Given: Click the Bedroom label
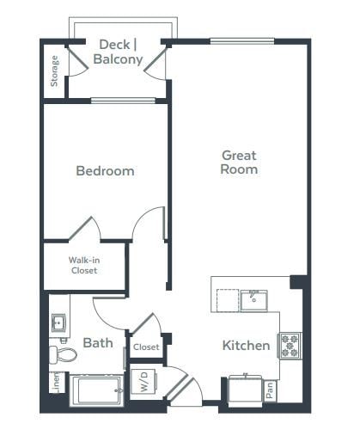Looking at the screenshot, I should [105, 171].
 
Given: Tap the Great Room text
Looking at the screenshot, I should [239, 163].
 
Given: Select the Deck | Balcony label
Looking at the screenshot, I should [119, 52].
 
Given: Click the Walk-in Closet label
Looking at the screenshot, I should [83, 264].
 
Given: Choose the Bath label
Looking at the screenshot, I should [97, 343].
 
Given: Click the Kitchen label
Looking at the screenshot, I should [247, 346].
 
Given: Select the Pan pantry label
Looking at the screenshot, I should [270, 390].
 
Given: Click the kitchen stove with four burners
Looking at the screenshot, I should [290, 345].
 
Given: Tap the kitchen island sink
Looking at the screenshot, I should [253, 299].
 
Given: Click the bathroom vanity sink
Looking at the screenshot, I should [58, 323].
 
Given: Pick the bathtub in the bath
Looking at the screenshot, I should [96, 390].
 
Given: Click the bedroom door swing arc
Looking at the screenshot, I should [148, 225].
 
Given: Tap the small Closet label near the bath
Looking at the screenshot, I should [146, 347].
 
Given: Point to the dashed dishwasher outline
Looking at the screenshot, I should [227, 301].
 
